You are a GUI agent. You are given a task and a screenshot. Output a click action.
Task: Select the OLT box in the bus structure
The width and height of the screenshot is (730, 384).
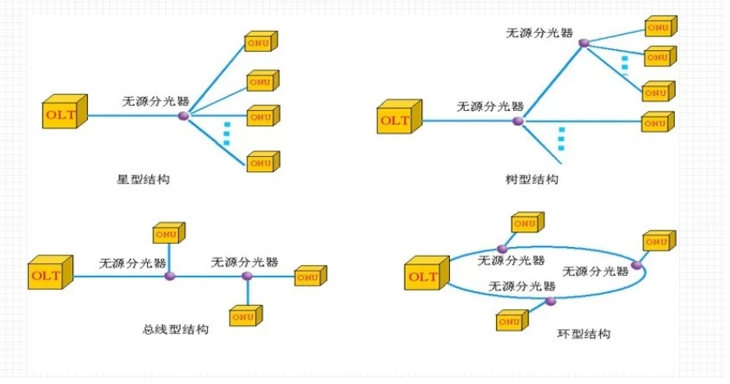(x=48, y=274)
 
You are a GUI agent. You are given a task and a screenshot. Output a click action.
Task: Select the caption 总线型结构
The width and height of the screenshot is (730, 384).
(x=175, y=329)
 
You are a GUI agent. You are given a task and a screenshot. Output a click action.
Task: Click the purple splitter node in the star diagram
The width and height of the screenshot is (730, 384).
(x=184, y=116)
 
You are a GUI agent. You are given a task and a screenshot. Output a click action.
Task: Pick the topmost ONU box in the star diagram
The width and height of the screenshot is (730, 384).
(x=261, y=41)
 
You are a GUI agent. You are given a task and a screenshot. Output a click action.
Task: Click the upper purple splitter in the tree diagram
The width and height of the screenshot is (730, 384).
(x=583, y=43)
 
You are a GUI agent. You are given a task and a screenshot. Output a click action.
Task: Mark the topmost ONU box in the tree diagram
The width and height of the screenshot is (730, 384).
(x=659, y=27)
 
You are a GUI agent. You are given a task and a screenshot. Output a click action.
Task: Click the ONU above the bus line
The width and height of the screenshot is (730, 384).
(x=169, y=233)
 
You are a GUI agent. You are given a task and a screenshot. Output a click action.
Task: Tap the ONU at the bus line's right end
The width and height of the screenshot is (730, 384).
(x=309, y=277)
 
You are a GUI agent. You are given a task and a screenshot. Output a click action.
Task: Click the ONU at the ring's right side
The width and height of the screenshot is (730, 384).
(x=658, y=241)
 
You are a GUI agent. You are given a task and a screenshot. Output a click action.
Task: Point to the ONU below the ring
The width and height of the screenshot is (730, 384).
(x=512, y=320)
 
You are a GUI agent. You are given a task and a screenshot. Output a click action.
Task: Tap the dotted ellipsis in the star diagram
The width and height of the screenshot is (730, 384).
(x=227, y=135)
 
